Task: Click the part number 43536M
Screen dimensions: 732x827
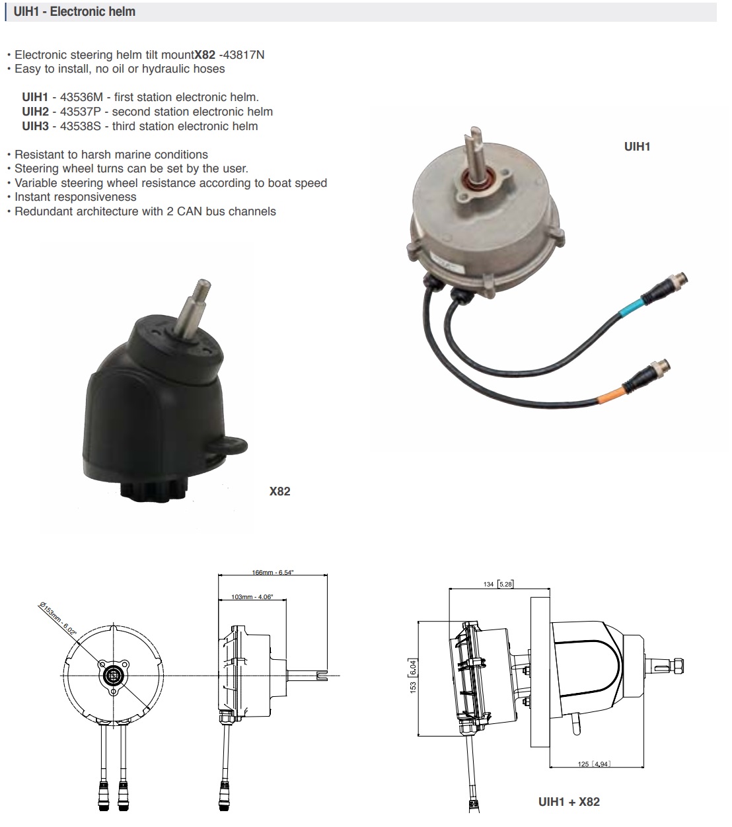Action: pyautogui.click(x=81, y=97)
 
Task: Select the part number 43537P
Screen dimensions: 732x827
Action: pyautogui.click(x=81, y=112)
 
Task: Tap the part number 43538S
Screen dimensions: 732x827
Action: pyautogui.click(x=81, y=126)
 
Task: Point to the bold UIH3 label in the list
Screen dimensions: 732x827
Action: pyautogui.click(x=36, y=126)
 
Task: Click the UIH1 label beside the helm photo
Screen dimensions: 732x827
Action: pyautogui.click(x=637, y=147)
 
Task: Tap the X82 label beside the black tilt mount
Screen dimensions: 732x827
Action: pyautogui.click(x=279, y=491)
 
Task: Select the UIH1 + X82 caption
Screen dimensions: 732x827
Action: pyautogui.click(x=569, y=802)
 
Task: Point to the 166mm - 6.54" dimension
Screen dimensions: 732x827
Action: pyautogui.click(x=272, y=572)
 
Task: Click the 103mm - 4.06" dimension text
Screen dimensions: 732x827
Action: pyautogui.click(x=252, y=596)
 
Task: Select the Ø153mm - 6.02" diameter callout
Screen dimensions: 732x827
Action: pyautogui.click(x=57, y=619)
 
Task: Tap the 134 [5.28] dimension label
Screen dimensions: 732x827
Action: pyautogui.click(x=498, y=584)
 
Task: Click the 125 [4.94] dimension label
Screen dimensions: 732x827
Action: pyautogui.click(x=594, y=764)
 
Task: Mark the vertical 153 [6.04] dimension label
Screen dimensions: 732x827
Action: pyautogui.click(x=413, y=676)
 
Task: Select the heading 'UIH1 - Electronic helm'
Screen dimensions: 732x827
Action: pyautogui.click(x=74, y=11)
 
